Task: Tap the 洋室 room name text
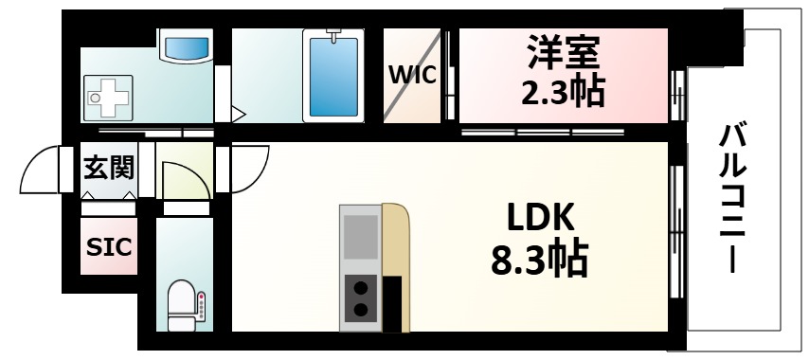564,50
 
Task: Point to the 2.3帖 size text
564,91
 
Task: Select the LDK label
538,217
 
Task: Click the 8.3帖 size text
538,258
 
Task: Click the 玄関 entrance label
109,168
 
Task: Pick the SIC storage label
109,246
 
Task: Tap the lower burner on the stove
360,309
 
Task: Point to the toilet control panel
201,306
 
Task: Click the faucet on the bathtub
333,36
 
